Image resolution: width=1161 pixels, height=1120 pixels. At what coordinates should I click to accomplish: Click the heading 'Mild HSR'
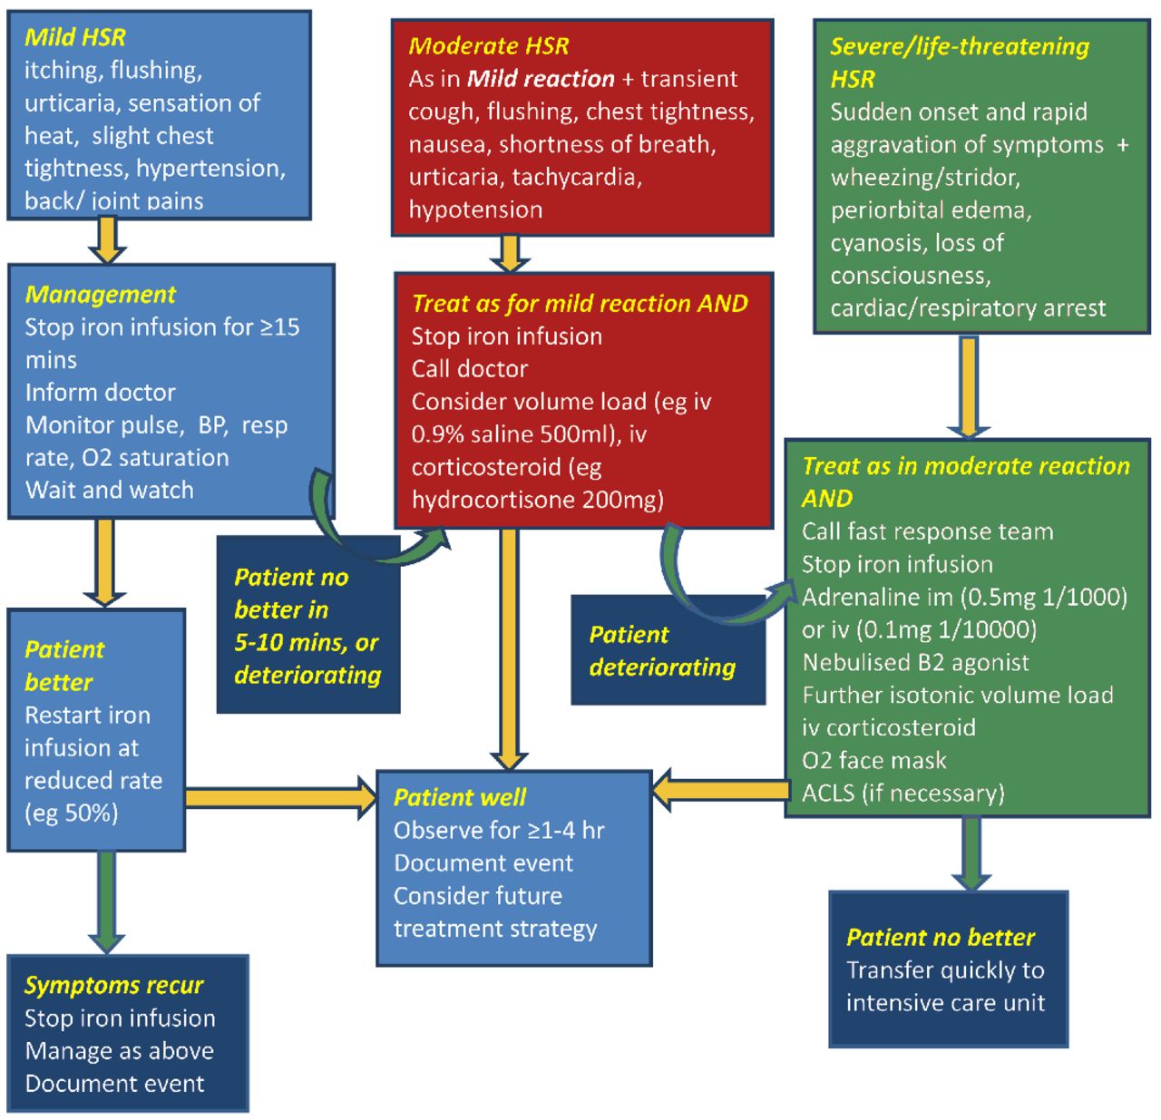(x=75, y=37)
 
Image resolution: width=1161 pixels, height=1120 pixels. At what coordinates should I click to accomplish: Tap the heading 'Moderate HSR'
(x=489, y=45)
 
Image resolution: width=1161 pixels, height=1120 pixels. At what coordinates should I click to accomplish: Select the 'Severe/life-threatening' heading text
(x=959, y=46)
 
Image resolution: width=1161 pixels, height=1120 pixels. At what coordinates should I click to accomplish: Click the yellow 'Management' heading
(x=101, y=294)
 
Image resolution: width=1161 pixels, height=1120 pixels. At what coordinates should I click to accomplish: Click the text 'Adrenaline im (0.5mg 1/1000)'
(x=964, y=597)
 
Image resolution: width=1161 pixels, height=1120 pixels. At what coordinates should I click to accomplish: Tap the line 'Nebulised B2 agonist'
(x=915, y=662)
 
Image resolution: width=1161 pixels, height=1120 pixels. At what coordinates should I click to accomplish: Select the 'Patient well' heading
(x=460, y=797)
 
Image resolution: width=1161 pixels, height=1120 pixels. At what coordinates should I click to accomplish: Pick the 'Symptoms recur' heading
(x=114, y=985)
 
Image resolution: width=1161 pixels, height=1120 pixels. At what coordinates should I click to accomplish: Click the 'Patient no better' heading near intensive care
(x=940, y=937)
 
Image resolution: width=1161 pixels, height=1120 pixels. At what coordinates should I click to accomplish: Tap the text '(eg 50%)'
(x=72, y=813)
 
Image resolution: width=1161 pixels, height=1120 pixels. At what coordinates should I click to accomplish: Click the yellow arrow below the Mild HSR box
(x=107, y=240)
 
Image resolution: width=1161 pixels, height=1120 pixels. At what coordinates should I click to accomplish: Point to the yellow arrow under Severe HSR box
(x=969, y=386)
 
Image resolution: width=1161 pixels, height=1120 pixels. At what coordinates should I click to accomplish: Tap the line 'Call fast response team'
(x=927, y=531)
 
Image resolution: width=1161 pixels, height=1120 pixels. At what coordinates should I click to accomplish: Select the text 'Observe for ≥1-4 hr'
(x=498, y=830)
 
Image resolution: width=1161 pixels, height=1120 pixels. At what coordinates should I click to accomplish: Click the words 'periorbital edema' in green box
(x=931, y=210)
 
